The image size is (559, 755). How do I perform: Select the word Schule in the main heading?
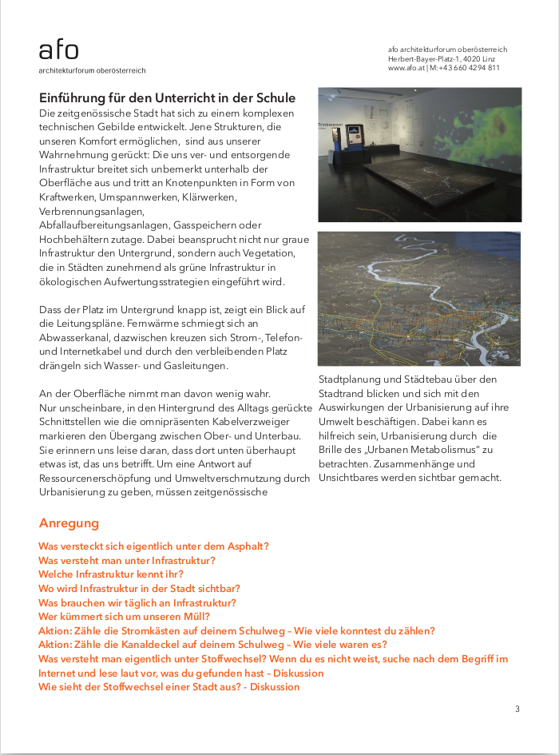275,98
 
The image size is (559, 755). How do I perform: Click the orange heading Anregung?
69,523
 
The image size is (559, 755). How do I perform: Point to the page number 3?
517,709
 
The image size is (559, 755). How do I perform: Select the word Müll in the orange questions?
196,617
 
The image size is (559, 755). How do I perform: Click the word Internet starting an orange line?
58,673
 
